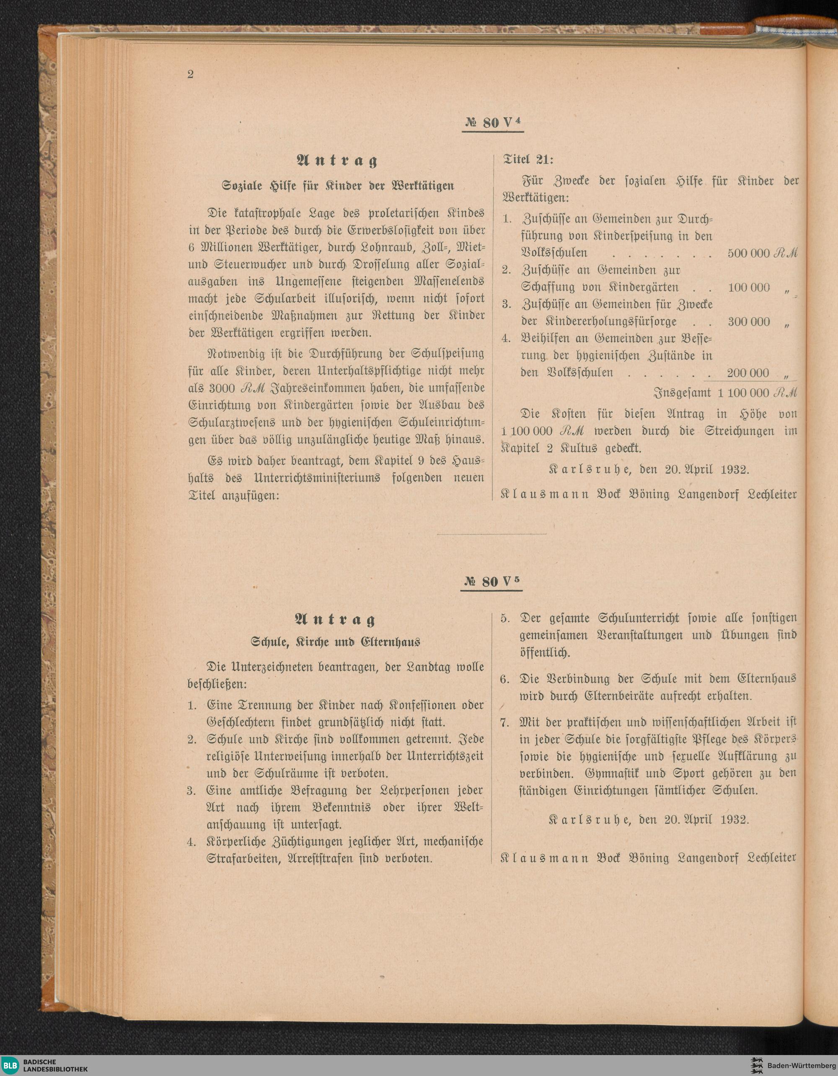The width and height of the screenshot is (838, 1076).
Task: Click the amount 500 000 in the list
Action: click(748, 253)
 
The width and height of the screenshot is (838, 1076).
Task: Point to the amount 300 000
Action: click(748, 322)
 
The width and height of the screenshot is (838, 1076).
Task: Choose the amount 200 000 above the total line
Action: click(747, 373)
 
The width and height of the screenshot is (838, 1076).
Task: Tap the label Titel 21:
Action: click(528, 160)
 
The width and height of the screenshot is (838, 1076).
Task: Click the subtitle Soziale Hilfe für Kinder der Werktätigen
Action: click(338, 186)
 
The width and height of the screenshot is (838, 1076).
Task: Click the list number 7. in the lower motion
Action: click(504, 723)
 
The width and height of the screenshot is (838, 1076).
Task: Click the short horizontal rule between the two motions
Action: click(491, 534)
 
